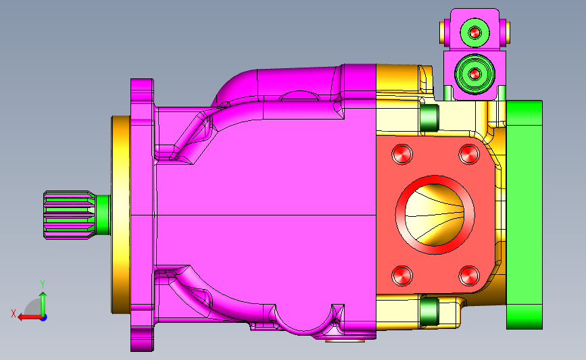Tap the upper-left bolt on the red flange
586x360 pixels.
click(402, 154)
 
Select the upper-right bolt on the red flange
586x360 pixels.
click(469, 154)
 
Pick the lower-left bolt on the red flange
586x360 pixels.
click(402, 276)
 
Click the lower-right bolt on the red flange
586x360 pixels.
click(469, 276)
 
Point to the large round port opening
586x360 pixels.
click(435, 215)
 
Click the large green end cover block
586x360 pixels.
click(524, 215)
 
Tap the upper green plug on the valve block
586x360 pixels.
click(474, 33)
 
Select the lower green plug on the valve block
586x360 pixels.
click(474, 74)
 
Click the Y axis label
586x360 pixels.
click(43, 284)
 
